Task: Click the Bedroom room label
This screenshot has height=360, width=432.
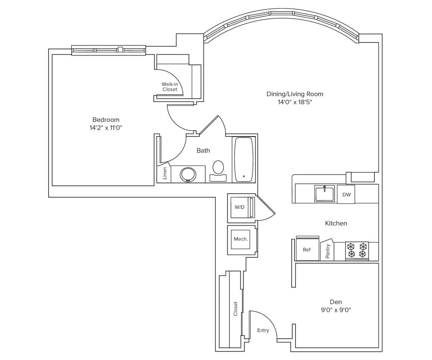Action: pyautogui.click(x=106, y=120)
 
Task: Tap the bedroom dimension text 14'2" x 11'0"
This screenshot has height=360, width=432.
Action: pyautogui.click(x=106, y=128)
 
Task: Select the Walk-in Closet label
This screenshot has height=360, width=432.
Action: pyautogui.click(x=169, y=87)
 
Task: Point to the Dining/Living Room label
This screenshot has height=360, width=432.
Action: pyautogui.click(x=295, y=94)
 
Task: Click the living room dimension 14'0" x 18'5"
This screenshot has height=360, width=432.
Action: pyautogui.click(x=295, y=102)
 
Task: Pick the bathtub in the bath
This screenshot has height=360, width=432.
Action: pyautogui.click(x=244, y=158)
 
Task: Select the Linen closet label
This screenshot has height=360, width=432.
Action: pyautogui.click(x=165, y=173)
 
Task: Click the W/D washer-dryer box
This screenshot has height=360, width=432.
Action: pyautogui.click(x=240, y=207)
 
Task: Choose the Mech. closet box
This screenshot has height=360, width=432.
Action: pyautogui.click(x=241, y=239)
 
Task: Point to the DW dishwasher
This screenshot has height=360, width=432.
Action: pyautogui.click(x=346, y=195)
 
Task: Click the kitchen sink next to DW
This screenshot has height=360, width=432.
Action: pyautogui.click(x=325, y=194)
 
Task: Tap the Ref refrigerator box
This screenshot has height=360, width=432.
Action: pyautogui.click(x=307, y=250)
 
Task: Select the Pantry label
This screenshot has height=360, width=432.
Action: pyautogui.click(x=328, y=251)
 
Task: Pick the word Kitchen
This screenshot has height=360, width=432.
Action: pyautogui.click(x=336, y=223)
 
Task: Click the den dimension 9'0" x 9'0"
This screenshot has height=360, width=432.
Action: pyautogui.click(x=336, y=310)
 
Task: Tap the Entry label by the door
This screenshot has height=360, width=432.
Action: pyautogui.click(x=263, y=331)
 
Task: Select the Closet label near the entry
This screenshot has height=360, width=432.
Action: pyautogui.click(x=235, y=309)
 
